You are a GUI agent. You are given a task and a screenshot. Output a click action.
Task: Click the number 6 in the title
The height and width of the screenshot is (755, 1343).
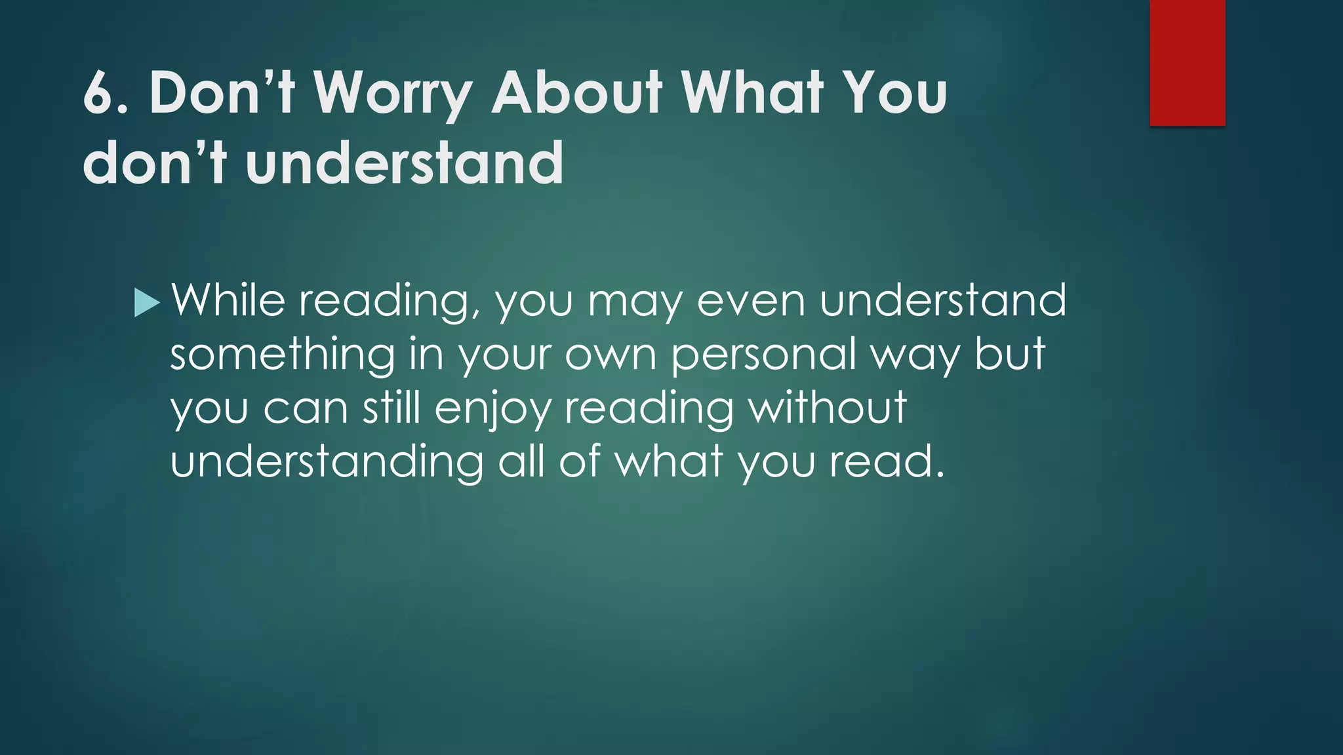(99, 93)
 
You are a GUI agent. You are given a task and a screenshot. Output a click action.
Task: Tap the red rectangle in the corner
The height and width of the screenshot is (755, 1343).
(1187, 62)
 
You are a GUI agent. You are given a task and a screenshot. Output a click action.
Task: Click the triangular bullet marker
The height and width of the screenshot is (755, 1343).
(146, 303)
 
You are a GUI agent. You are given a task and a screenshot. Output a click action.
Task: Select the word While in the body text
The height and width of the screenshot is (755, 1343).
(228, 301)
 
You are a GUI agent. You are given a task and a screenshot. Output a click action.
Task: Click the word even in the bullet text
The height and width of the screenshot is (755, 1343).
(750, 301)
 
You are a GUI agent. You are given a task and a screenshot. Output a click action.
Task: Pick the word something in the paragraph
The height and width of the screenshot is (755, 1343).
(283, 355)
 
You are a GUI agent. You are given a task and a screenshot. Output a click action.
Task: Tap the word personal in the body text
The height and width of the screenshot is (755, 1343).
(763, 355)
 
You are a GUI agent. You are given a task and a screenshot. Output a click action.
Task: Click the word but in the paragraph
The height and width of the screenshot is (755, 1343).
(1009, 354)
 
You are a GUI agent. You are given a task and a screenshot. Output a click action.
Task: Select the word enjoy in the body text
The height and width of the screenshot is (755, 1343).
(492, 409)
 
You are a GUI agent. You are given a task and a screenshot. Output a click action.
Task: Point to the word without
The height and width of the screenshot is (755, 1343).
(828, 408)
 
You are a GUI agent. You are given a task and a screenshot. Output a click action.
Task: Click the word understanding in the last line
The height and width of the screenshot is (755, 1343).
(327, 462)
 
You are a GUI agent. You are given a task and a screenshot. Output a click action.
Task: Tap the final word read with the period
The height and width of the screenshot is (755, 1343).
(887, 461)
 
